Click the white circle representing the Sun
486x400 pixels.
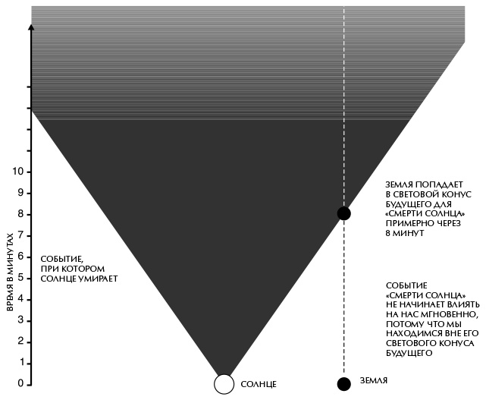(224, 384)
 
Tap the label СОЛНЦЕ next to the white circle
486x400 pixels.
(259, 385)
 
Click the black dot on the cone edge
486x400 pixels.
(344, 213)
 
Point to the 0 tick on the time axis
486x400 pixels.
(20, 384)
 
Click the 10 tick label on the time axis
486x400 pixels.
(18, 172)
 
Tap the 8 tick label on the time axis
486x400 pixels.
(20, 214)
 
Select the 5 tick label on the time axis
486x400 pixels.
(20, 278)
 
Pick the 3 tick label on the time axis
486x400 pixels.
(20, 320)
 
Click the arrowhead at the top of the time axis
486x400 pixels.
(30, 27)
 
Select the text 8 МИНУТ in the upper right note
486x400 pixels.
(405, 234)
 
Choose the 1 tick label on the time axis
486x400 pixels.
(20, 363)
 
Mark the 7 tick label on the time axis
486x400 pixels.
(20, 235)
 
